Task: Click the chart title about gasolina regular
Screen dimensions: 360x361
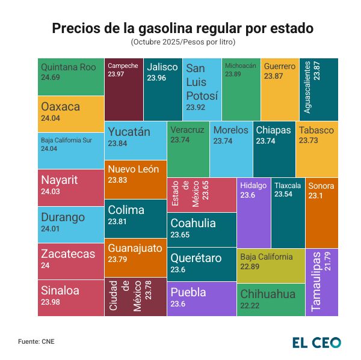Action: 182,28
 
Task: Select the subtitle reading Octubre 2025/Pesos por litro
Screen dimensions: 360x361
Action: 182,43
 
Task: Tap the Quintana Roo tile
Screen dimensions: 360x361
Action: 70,76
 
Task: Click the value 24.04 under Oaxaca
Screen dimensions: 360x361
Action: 50,118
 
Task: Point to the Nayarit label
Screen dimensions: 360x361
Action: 59,180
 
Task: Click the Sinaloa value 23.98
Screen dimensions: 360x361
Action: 51,302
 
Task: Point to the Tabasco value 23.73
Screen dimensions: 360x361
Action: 309,141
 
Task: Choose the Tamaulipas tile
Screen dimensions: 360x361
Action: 322,281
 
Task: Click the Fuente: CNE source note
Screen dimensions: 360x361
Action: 37,342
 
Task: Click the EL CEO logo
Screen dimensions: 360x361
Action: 316,343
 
